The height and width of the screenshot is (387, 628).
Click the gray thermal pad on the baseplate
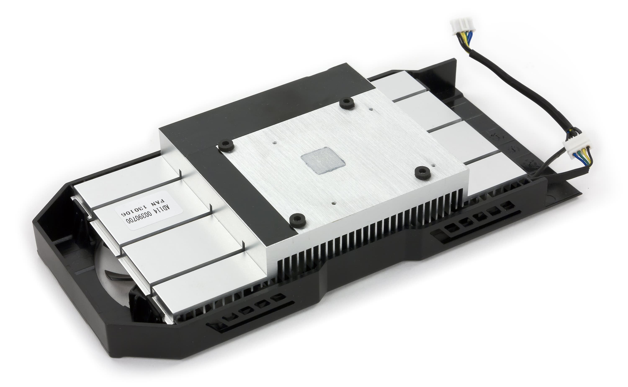pos(323,160)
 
